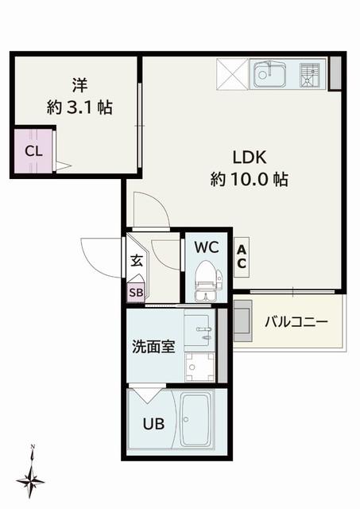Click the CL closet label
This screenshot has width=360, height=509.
pos(33,151)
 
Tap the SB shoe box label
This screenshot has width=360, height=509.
pos(136,293)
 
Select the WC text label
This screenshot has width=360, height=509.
pos(207,247)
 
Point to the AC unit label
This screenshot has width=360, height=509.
pos(242,257)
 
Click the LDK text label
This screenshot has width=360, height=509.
pos(250,157)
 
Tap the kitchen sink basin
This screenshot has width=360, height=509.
pos(270,75)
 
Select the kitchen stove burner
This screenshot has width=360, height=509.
pos(310,76)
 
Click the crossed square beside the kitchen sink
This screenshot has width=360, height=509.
pos(232,74)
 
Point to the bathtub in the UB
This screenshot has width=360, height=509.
pos(197,420)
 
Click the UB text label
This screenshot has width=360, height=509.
pos(153,424)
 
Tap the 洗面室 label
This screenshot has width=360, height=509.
pos(153,347)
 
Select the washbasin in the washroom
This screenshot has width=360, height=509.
pos(199,331)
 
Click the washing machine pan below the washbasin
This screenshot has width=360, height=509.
pos(199,367)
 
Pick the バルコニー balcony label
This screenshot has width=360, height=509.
pos(296,322)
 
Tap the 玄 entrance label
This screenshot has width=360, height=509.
pos(137,261)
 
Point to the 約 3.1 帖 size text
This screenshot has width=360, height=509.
pos(79,107)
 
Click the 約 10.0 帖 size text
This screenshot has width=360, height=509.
pos(250,179)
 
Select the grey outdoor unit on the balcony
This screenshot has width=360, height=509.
pos(242,321)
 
